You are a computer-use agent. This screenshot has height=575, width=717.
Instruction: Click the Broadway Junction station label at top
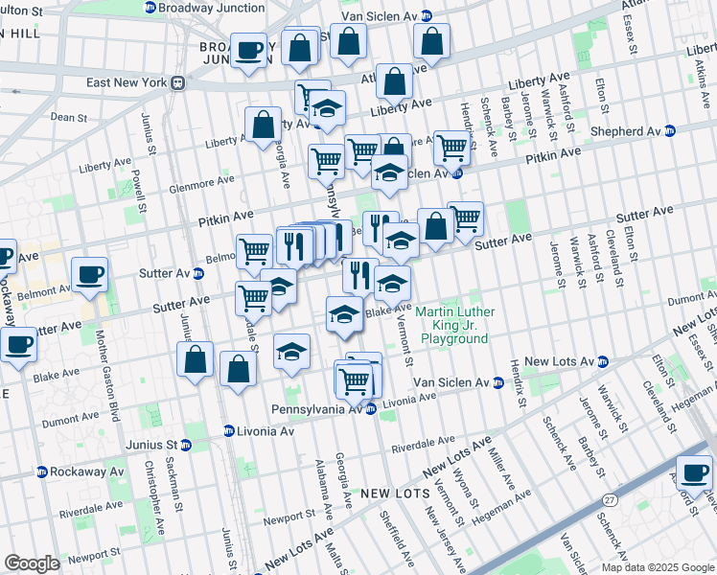(x=211, y=8)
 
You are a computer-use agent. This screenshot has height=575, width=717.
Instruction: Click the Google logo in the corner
(x=32, y=563)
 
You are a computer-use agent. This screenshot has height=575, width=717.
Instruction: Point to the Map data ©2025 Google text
(x=658, y=567)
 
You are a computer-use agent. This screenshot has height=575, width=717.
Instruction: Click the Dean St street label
(x=69, y=117)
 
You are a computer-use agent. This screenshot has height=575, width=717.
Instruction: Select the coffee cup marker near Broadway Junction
(x=249, y=51)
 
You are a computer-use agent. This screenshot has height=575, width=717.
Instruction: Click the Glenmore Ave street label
(x=199, y=181)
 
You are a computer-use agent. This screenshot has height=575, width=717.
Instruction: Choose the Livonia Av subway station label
(x=259, y=431)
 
